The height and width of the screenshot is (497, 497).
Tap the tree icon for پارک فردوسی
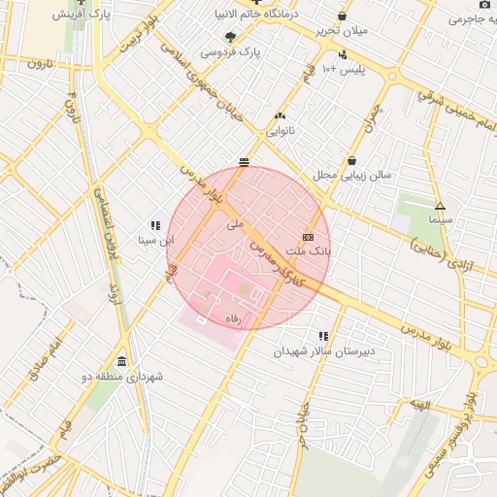(229, 37)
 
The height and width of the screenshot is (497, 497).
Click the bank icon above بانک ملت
(309, 237)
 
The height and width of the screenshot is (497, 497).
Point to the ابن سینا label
(155, 238)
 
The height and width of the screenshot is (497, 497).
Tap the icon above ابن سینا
(155, 225)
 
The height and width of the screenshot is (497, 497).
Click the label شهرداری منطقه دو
(122, 375)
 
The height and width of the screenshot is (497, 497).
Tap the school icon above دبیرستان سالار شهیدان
(323, 337)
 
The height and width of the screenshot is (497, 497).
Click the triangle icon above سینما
(440, 206)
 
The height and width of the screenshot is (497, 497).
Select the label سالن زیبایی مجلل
(350, 175)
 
